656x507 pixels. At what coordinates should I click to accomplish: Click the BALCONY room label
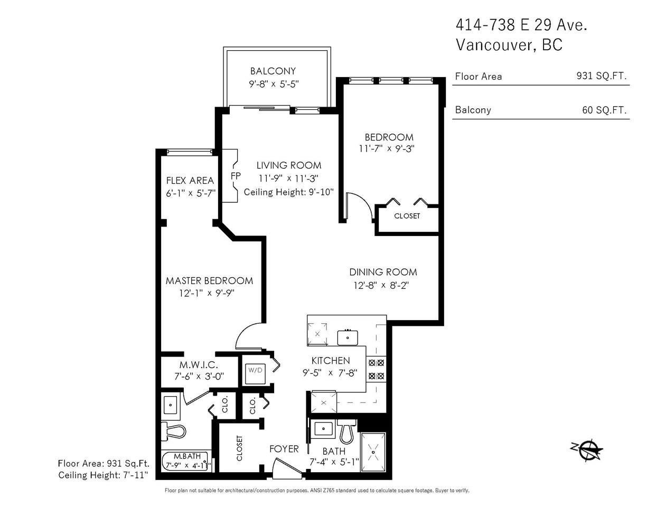pos(273,71)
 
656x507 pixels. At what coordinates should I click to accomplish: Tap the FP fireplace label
pos(236,176)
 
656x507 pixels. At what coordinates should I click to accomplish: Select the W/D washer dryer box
pos(255,373)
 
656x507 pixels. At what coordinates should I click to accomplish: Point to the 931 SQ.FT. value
pos(602,76)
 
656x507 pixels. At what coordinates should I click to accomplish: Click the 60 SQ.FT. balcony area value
pos(604,110)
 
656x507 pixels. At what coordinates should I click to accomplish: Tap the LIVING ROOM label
pos(289,165)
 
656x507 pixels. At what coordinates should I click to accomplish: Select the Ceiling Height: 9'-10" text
pos(288,192)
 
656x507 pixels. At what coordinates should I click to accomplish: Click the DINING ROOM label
pos(383,272)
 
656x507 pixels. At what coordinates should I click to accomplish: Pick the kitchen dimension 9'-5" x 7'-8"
pos(330,373)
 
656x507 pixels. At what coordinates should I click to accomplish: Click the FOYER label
pos(284,449)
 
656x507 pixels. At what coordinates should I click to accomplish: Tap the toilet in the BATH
pos(347,432)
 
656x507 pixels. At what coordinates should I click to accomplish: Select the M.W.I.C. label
pos(199,365)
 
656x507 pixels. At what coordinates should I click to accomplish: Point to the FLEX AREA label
pos(190,181)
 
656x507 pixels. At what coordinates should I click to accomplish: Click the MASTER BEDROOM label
pos(209,280)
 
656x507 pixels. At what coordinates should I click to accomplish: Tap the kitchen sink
pos(348,337)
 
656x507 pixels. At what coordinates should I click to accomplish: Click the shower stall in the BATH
pos(373,452)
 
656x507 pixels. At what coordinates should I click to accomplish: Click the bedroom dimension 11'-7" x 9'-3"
pos(387,148)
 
